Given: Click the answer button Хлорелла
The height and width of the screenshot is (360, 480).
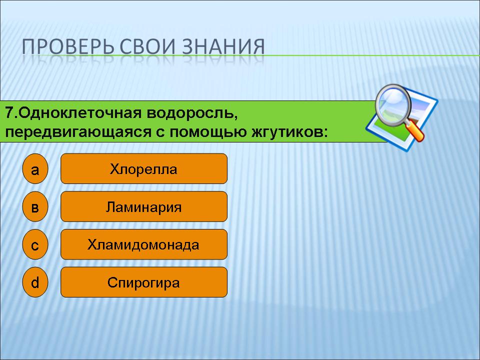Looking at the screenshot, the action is pyautogui.click(x=144, y=168).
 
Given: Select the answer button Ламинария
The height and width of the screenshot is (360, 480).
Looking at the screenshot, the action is pyautogui.click(x=144, y=206).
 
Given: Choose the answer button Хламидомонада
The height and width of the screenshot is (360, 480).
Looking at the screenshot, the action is pyautogui.click(x=144, y=244).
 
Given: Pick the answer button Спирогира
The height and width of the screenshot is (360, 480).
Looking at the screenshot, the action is pyautogui.click(x=144, y=282).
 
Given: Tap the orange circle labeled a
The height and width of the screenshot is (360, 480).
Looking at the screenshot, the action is pyautogui.click(x=35, y=168).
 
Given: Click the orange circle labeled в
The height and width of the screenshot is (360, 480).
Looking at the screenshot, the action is pyautogui.click(x=35, y=206).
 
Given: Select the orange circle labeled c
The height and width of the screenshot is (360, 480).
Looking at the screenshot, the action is pyautogui.click(x=35, y=244).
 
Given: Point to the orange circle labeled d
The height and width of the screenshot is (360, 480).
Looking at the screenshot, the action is pyautogui.click(x=35, y=282).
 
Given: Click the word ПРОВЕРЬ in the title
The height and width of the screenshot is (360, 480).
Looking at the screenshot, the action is pyautogui.click(x=68, y=46).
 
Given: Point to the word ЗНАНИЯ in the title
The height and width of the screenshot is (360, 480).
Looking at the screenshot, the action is pyautogui.click(x=223, y=46).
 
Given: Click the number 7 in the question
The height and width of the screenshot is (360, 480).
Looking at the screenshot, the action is pyautogui.click(x=9, y=113).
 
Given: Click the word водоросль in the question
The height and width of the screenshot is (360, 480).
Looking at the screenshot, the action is pyautogui.click(x=191, y=113).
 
